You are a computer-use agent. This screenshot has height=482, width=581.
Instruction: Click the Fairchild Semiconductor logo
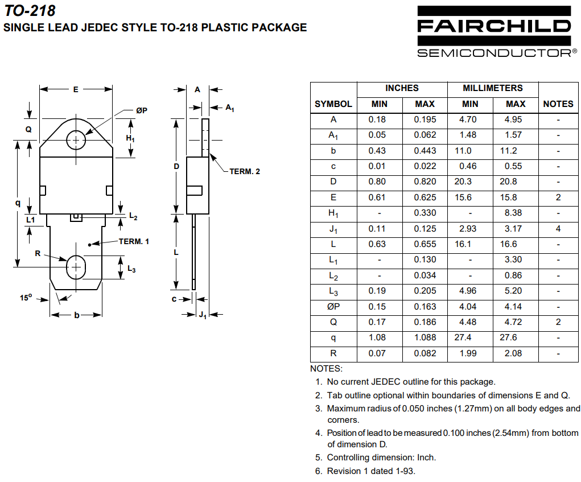[497, 32]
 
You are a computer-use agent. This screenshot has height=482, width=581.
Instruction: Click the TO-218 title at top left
[30, 10]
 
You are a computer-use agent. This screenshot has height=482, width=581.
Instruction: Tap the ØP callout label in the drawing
[142, 110]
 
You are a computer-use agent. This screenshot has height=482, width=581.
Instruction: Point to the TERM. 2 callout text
[245, 171]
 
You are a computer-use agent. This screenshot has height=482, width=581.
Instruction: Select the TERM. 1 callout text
[134, 241]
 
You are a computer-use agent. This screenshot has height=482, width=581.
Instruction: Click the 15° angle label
[26, 298]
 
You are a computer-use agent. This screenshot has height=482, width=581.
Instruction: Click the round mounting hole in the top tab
[76, 140]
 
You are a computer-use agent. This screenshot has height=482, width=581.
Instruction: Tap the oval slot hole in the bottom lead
[76, 267]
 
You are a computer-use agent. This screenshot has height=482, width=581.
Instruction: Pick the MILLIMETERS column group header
[492, 88]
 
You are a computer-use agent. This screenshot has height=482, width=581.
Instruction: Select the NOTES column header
[558, 104]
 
